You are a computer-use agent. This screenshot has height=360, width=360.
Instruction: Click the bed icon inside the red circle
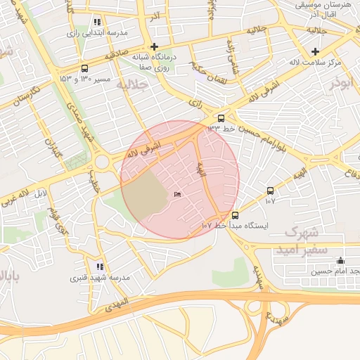pos(176,195)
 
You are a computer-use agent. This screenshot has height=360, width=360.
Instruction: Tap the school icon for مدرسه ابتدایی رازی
pos(97,22)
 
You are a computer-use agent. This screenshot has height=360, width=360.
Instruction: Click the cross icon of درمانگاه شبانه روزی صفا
pos(155,46)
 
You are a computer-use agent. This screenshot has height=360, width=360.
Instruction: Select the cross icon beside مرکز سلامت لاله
pos(315,51)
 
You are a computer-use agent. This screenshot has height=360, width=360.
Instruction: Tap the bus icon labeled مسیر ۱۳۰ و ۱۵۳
pos(85,69)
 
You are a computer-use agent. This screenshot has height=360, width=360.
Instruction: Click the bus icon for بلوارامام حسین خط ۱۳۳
pos(221,118)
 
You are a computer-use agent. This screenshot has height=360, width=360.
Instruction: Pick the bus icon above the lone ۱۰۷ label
pos(271,191)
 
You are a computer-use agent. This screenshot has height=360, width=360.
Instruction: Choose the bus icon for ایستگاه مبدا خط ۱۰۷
pos(235,215)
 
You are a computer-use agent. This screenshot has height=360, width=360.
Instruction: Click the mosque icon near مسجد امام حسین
pos(341,260)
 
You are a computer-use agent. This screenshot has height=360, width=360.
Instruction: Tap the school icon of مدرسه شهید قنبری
pos(100,266)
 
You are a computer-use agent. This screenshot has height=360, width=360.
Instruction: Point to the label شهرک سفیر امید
pos(297,240)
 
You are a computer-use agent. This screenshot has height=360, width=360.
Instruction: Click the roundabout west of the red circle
pos(103,162)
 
